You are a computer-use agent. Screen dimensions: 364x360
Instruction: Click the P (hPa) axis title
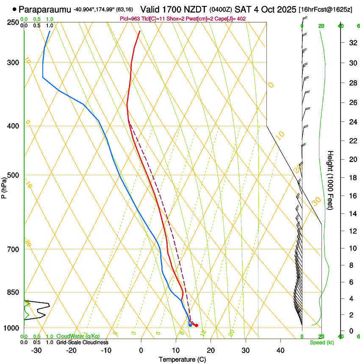[x=4, y=187]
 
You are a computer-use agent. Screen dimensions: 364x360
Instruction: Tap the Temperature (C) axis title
[x=183, y=359]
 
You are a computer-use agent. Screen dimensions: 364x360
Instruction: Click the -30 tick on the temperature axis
[x=36, y=350]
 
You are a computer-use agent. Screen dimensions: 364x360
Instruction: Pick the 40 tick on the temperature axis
[x=280, y=350]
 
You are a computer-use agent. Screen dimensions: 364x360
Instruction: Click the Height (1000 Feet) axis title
[x=330, y=181]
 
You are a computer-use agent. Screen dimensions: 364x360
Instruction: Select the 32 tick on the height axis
[x=352, y=43]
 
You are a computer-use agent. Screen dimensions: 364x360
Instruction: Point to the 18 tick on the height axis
[x=352, y=178]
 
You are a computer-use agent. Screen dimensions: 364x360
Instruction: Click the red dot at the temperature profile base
[x=197, y=325]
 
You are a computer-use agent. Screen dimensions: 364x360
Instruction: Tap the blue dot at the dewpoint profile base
[x=190, y=325]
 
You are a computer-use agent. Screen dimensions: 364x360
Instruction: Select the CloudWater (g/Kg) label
[x=78, y=336]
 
